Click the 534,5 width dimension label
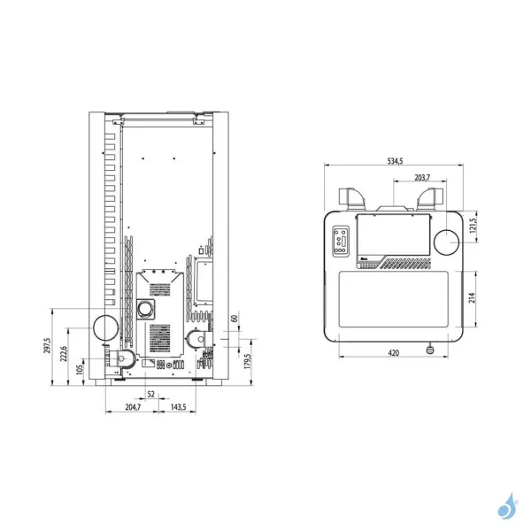395,160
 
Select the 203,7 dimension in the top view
422,177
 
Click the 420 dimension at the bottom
394,353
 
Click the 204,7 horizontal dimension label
133,407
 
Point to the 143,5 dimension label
177,407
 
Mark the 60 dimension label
235,319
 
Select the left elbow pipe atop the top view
350,199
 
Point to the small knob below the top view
431,350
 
